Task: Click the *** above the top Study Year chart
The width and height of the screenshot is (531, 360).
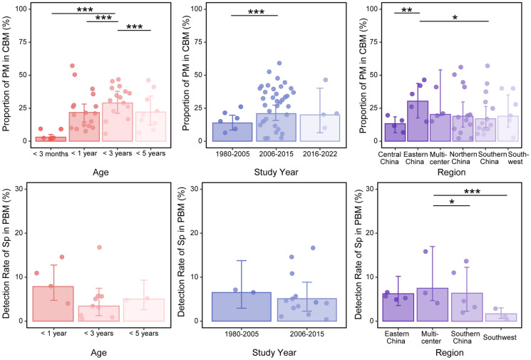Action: [x=254, y=12]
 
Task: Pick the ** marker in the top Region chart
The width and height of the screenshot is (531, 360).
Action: [x=407, y=11]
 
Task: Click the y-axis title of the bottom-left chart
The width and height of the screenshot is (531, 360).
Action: [x=9, y=254]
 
